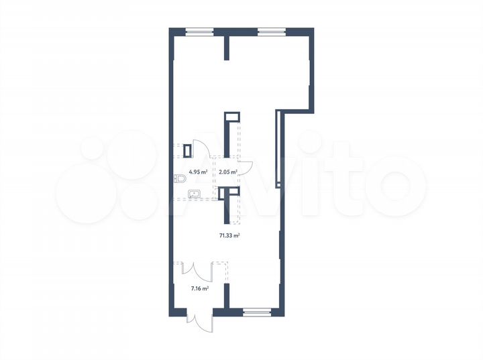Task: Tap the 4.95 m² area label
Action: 197,172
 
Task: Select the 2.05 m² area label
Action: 229,172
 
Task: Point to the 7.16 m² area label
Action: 199,288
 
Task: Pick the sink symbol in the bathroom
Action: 195,194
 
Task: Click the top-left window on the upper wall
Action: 199,30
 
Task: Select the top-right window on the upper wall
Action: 271,30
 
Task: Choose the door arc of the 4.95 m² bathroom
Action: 200,148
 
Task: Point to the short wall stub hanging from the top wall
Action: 227,48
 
